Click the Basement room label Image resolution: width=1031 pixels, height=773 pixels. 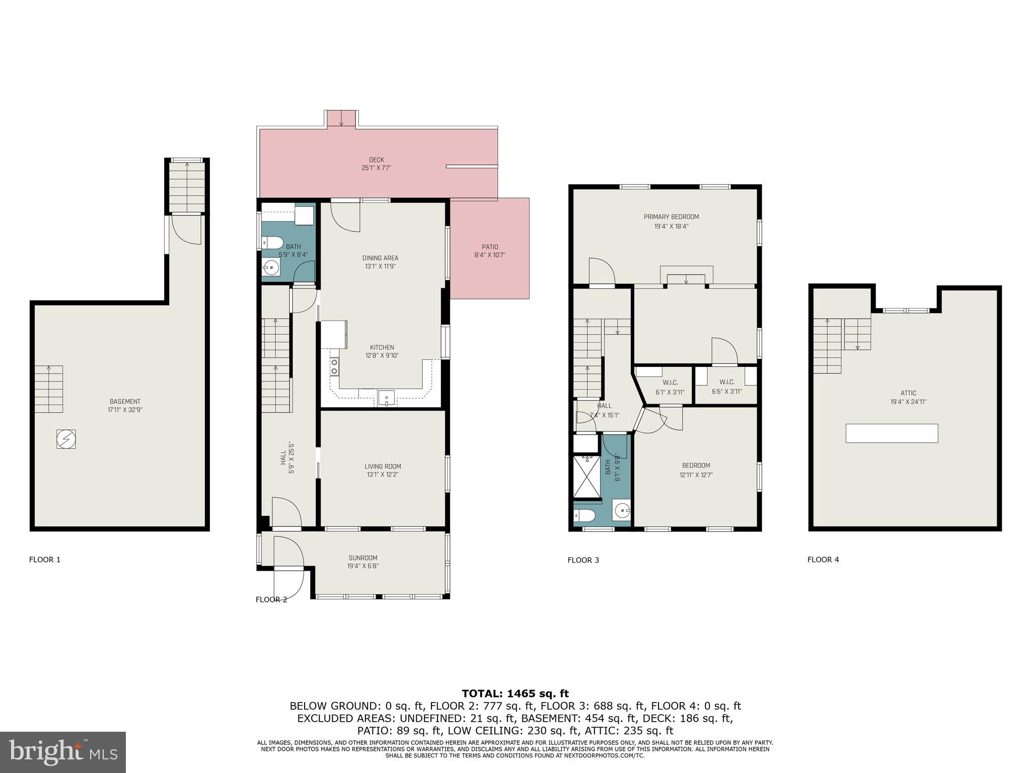click(125, 402)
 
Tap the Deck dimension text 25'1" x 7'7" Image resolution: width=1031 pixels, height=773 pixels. click(376, 168)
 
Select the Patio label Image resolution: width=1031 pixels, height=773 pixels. click(489, 247)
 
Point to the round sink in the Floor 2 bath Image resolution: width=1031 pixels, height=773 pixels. click(271, 268)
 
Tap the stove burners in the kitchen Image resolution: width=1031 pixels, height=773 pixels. click(334, 366)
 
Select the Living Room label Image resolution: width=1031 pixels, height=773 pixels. click(383, 466)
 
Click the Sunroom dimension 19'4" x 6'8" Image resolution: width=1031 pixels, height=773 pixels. click(362, 566)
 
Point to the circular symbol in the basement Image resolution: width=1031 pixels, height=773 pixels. click(66, 439)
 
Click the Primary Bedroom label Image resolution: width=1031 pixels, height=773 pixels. click(671, 217)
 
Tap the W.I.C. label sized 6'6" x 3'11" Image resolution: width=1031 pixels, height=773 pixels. click(726, 382)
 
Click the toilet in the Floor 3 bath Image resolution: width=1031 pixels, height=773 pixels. click(584, 515)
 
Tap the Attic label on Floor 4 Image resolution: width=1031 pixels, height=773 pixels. click(908, 393)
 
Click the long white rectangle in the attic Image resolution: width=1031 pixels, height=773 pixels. click(892, 433)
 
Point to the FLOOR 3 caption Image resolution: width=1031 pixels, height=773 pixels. click(583, 560)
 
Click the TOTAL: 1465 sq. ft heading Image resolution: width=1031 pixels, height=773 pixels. click(515, 693)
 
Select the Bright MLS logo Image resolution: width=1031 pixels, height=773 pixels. click(62, 752)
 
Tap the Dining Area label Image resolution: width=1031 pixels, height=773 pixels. click(380, 258)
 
